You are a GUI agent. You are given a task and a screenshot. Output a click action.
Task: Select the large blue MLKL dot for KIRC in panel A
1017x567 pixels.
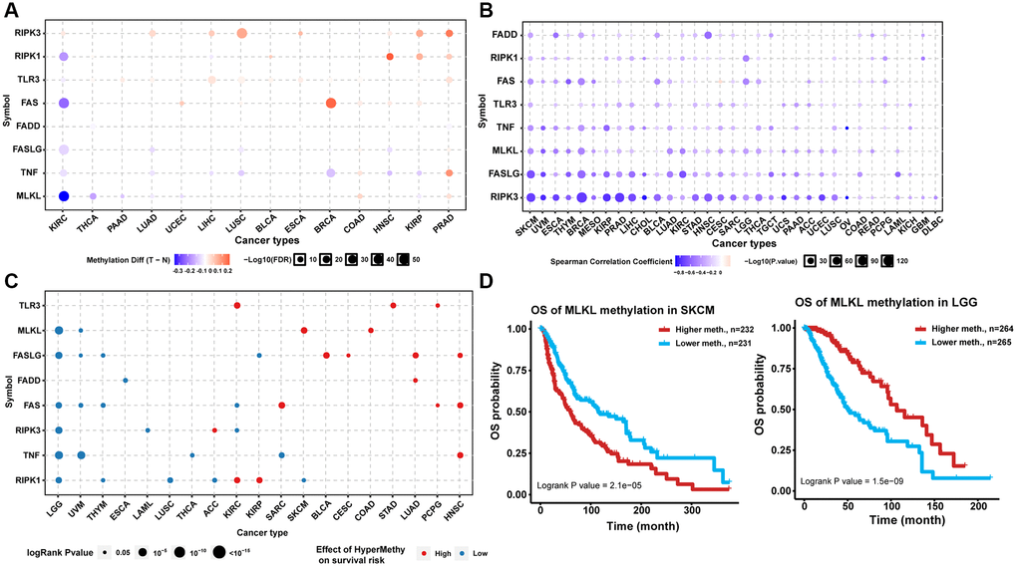click(63, 195)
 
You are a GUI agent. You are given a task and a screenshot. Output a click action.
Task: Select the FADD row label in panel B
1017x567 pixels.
click(505, 35)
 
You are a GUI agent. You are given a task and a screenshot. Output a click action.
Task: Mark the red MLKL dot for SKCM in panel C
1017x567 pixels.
click(303, 330)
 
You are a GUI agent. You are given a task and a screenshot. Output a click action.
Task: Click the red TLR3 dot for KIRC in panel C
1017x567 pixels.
click(236, 305)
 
